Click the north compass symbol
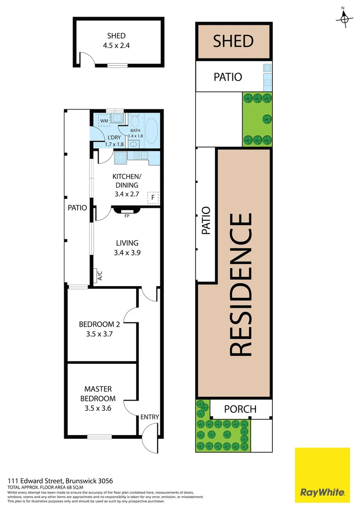[345, 18]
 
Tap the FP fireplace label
[126, 216]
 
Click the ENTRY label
[149, 417]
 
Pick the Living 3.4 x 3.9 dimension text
[127, 252]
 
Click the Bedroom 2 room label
[99, 324]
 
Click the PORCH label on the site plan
[240, 409]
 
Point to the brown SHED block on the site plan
[233, 41]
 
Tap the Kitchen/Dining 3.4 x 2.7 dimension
[126, 194]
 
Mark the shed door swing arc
[87, 60]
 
